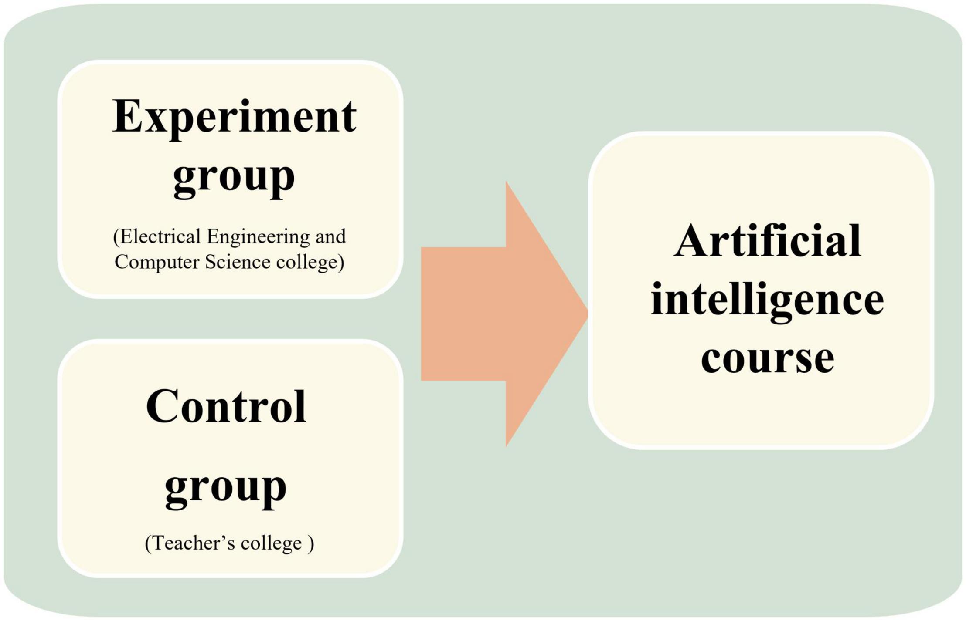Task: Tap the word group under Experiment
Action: click(234, 179)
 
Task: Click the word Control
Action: click(226, 406)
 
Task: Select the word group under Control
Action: click(226, 489)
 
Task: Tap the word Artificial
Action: click(767, 241)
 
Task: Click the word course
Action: click(768, 359)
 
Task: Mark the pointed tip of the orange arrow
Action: click(588, 314)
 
